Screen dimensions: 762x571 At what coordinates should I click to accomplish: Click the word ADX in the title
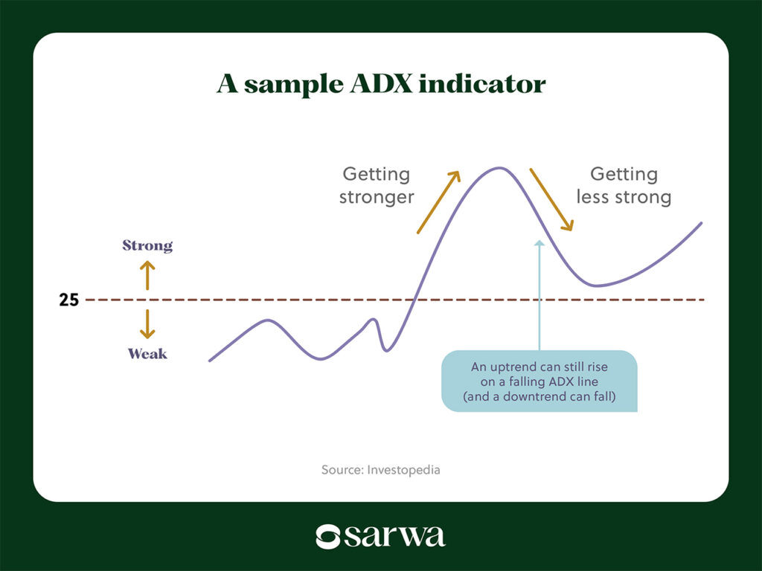pyautogui.click(x=380, y=83)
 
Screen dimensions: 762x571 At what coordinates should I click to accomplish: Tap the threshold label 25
pyautogui.click(x=68, y=300)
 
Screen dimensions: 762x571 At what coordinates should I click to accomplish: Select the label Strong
pyautogui.click(x=147, y=245)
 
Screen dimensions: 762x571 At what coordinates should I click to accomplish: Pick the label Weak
pyautogui.click(x=147, y=353)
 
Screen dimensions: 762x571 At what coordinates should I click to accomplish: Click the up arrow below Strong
pyautogui.click(x=147, y=275)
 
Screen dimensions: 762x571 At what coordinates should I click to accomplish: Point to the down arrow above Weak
pyautogui.click(x=147, y=324)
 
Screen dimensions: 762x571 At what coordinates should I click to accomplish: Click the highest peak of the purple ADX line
pyautogui.click(x=499, y=168)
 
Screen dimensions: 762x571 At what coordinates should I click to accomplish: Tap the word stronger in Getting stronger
pyautogui.click(x=377, y=197)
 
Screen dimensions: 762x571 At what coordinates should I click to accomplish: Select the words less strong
pyautogui.click(x=624, y=197)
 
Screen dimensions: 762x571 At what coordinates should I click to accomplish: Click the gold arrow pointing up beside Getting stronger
pyautogui.click(x=438, y=202)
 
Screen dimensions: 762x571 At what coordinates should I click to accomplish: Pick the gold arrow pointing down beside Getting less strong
pyautogui.click(x=551, y=199)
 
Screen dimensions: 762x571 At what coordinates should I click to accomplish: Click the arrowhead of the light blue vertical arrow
pyautogui.click(x=540, y=243)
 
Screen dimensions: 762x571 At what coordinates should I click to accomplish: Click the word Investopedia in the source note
pyautogui.click(x=403, y=470)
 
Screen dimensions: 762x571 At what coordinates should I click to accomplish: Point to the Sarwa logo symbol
pyautogui.click(x=327, y=537)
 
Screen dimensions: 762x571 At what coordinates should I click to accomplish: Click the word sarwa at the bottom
pyautogui.click(x=394, y=536)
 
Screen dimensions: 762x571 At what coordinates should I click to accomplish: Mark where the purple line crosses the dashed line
pyautogui.click(x=414, y=300)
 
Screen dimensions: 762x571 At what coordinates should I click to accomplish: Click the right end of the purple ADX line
pyautogui.click(x=701, y=223)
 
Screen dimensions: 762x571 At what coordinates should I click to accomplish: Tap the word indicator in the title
pyautogui.click(x=482, y=83)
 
